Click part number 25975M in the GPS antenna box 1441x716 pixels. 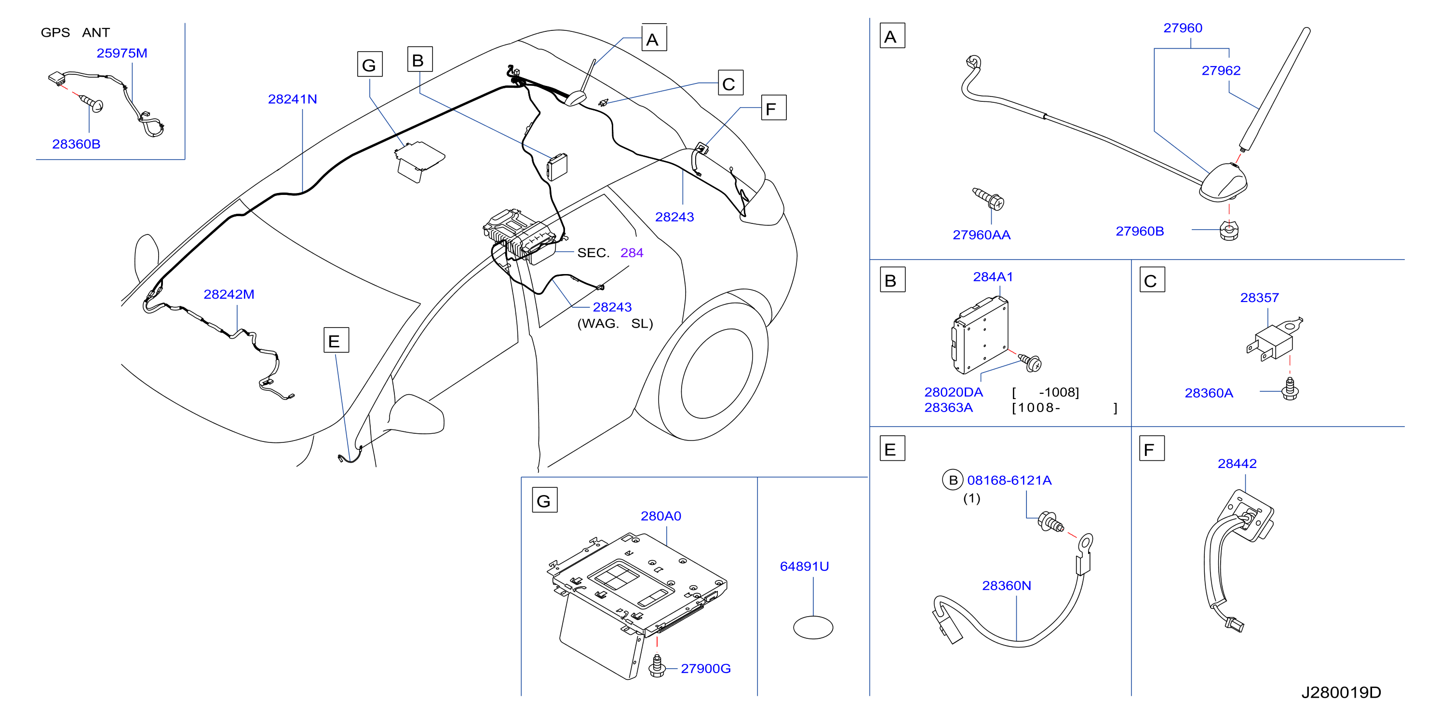[122, 53]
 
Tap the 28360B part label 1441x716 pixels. [76, 144]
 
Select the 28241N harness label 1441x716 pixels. [293, 99]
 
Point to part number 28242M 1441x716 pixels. [229, 294]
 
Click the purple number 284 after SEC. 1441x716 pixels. [632, 252]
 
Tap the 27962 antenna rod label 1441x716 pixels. [1221, 70]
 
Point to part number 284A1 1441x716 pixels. [993, 276]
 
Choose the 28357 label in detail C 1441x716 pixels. [1259, 298]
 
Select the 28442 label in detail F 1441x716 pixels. [1237, 464]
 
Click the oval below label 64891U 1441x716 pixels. [813, 628]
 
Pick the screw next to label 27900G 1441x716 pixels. [657, 666]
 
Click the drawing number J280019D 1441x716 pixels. [1341, 692]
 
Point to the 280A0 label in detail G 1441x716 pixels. [660, 516]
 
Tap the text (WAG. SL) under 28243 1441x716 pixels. [615, 324]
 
